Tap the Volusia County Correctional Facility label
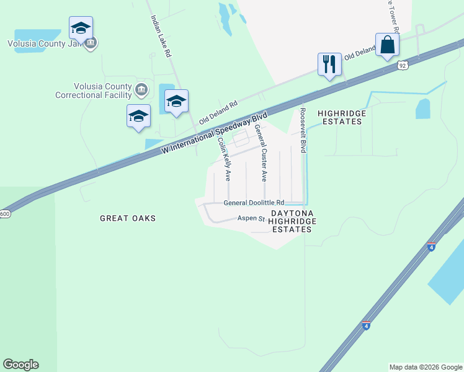coord(94,91)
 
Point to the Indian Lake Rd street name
coord(160,37)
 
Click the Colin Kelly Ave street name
coord(223,159)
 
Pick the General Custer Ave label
coord(260,152)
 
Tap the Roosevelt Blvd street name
coord(303,130)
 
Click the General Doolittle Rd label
coord(253,203)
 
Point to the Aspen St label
coord(251,218)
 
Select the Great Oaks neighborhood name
coord(128,218)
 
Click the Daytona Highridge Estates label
coord(292,221)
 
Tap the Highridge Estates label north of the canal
coord(341,117)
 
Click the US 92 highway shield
coord(403,64)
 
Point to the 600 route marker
coord(5,214)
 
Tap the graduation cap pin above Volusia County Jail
coord(81,28)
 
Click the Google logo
coord(20,365)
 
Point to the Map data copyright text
coord(425,367)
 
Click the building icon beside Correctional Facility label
coord(142,91)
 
